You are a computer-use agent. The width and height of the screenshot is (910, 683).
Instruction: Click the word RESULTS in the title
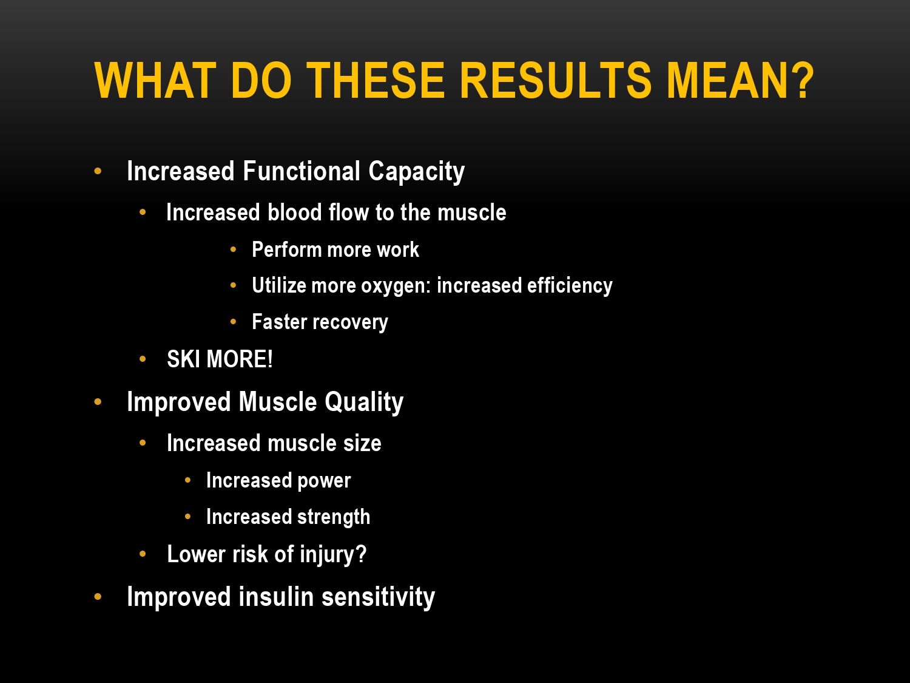point(556,80)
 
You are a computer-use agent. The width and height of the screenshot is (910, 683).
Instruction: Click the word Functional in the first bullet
point(302,171)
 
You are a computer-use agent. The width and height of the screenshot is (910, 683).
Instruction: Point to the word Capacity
point(416,172)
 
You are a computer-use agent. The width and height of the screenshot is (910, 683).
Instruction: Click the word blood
point(295,212)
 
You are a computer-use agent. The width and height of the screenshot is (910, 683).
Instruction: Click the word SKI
point(183,359)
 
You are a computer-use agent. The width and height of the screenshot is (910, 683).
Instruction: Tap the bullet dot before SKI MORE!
point(143,359)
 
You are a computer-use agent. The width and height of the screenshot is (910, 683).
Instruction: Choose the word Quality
point(363,403)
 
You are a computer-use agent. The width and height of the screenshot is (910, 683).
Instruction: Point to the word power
point(324,481)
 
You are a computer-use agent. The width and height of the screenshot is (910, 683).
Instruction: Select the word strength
point(333,517)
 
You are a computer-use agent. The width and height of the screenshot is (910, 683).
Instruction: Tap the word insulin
point(276,597)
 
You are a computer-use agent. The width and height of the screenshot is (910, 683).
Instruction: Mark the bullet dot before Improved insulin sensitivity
point(98,597)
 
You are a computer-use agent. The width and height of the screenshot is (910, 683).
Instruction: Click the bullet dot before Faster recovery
point(233,322)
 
